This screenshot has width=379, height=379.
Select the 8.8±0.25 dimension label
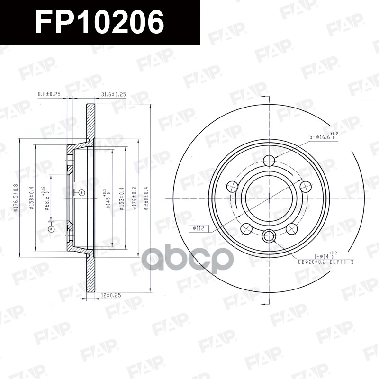point(49,94)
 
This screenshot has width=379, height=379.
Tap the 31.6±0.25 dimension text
point(113,94)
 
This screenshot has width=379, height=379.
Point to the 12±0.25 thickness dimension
point(111,295)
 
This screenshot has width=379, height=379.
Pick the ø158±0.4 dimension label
point(32,199)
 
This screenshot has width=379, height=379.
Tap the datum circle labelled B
point(81,192)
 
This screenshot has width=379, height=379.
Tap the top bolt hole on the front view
point(269,160)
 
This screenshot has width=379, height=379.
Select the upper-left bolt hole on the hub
point(233,186)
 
